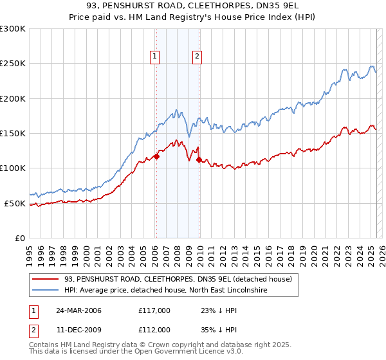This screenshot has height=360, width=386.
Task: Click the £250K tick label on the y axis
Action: click(13, 64)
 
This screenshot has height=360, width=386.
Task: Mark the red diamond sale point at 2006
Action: click(156, 156)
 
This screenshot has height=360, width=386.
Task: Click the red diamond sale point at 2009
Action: click(199, 159)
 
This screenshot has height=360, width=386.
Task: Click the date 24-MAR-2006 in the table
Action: click(78, 310)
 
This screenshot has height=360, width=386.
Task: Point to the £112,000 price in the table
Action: click(154, 329)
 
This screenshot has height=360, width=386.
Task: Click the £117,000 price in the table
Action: click(154, 310)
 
